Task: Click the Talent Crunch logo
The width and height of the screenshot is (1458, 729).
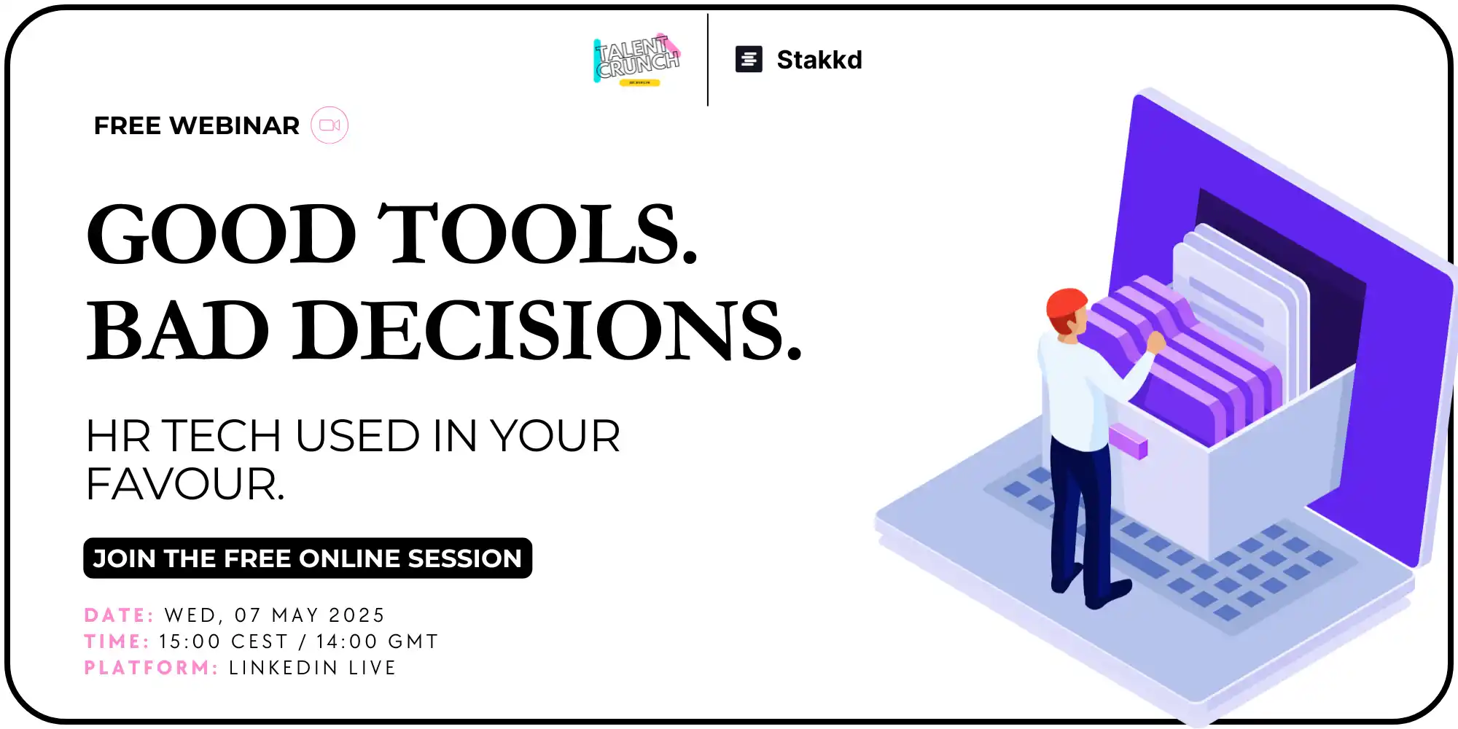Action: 637,60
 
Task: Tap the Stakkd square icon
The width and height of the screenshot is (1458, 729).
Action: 749,59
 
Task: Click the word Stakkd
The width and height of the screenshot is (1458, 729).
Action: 819,60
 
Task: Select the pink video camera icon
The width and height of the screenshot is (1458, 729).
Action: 330,125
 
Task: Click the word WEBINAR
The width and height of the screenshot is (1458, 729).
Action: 234,125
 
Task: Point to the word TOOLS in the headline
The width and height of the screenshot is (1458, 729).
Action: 537,234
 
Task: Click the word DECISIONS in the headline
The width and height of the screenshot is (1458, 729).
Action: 547,330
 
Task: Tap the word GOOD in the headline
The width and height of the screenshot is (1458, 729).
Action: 221,234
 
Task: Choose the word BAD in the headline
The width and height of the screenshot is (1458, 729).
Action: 178,330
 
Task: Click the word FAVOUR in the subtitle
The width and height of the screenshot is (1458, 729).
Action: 185,484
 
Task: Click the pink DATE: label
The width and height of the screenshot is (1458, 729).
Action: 119,615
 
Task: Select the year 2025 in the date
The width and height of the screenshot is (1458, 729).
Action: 356,615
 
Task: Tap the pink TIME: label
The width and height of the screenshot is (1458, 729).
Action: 117,642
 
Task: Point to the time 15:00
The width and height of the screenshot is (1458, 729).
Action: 190,642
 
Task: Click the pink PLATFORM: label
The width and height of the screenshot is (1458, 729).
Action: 151,668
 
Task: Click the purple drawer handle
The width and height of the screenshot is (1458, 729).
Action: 1128,441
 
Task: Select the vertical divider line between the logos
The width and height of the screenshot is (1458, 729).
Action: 708,60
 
